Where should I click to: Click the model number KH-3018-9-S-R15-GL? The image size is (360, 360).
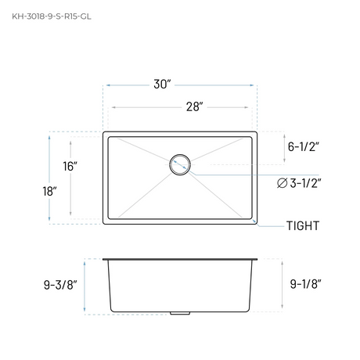52,16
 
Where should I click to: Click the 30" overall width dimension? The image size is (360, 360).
162,85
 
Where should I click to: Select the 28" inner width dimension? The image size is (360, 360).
195,106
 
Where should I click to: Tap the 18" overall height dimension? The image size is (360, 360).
49,192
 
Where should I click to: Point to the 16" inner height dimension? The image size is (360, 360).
70,167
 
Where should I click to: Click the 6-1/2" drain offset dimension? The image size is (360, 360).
304,146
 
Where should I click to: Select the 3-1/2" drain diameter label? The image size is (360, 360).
305,183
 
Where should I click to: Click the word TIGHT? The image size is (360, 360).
303,225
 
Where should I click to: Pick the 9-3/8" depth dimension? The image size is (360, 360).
60,285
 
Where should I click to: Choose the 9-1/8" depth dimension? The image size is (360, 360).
306,284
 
